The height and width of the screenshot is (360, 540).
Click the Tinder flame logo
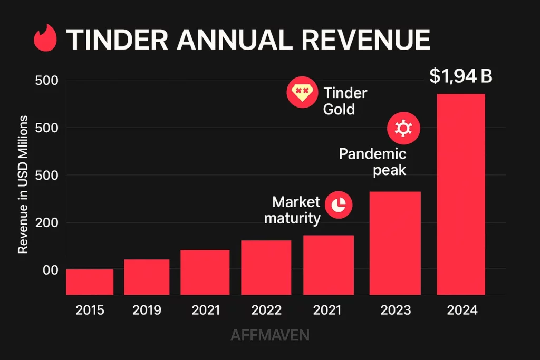[44, 39]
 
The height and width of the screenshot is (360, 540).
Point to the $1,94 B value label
[460, 76]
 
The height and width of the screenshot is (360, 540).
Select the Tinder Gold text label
[345, 101]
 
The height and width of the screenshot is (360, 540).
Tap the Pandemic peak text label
[373, 162]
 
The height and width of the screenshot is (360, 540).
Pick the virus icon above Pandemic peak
[403, 128]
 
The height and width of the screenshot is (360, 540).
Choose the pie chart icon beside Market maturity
[339, 205]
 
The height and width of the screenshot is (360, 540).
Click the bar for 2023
[395, 242]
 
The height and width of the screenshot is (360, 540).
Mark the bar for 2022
[266, 267]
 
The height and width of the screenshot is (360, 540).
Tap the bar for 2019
[147, 277]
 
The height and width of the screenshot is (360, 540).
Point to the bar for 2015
[90, 281]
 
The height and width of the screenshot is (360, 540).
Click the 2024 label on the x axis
[461, 310]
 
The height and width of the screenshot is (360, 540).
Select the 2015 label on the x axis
[90, 310]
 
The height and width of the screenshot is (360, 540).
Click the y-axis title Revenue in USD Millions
[23, 184]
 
